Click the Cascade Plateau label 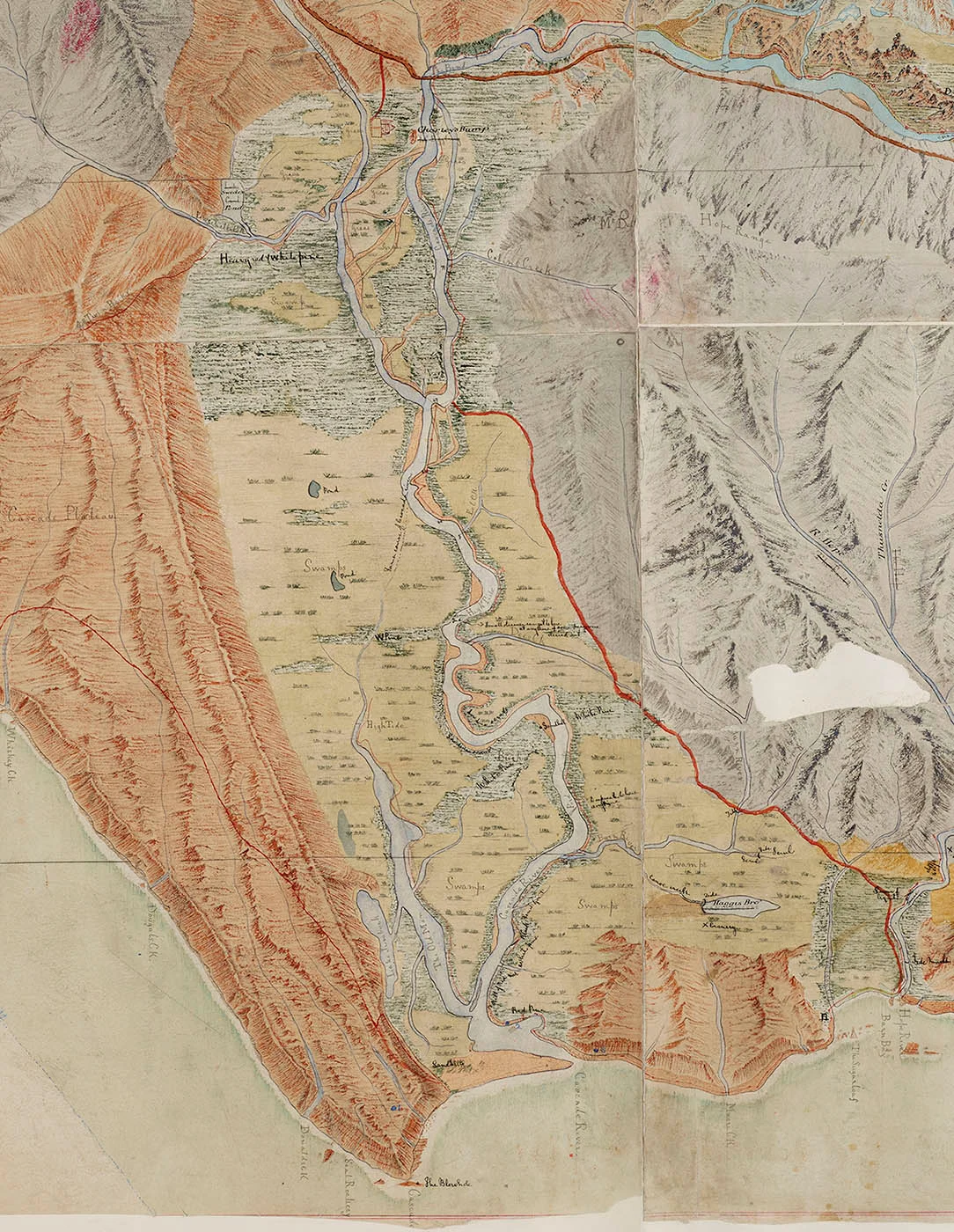pos(44,515)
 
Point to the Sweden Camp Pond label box pos(234,200)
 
